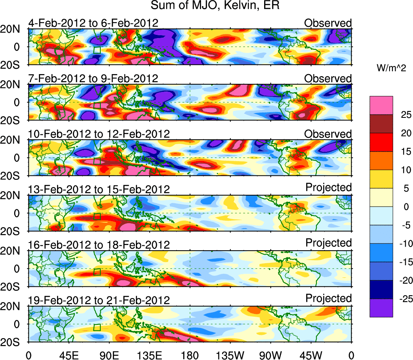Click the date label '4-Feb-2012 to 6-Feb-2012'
[x=93, y=23]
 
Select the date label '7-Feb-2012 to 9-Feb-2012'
[x=93, y=79]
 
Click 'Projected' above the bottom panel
[x=328, y=298]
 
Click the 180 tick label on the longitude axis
[x=190, y=355]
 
